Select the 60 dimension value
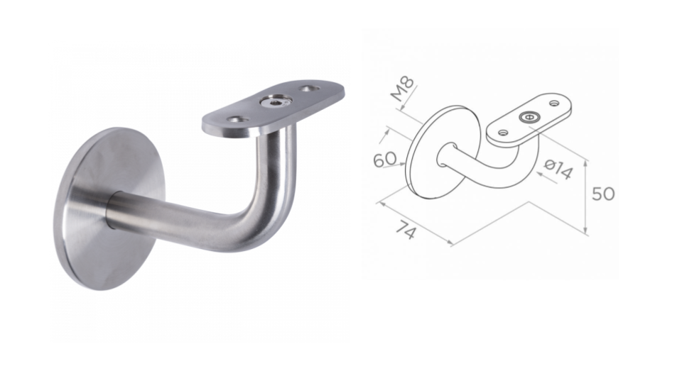tap(385, 160)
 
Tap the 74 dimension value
tap(406, 230)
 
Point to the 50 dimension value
tap(603, 194)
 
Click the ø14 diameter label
tap(558, 170)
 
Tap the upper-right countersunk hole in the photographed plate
tap(308, 89)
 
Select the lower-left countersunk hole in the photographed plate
tap(237, 118)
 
